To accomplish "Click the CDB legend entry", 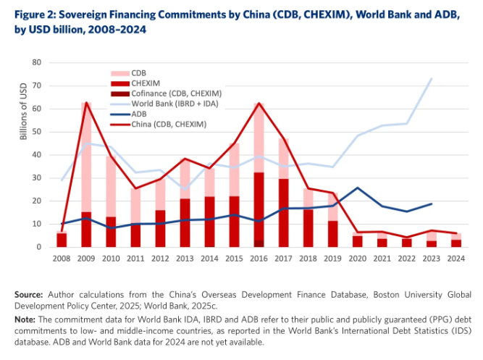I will pos(140,73).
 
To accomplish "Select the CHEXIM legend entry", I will pos(145,84).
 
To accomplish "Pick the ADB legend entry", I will pos(140,114).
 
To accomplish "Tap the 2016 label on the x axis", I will pos(258,259).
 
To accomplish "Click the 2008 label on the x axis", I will pos(62,259).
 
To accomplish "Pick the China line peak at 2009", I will pos(87,102).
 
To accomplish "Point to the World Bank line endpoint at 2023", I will pos(432,78).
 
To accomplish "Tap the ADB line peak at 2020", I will pos(358,188).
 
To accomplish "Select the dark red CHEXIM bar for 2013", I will pos(185,222).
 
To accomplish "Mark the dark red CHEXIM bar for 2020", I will pos(358,241).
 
